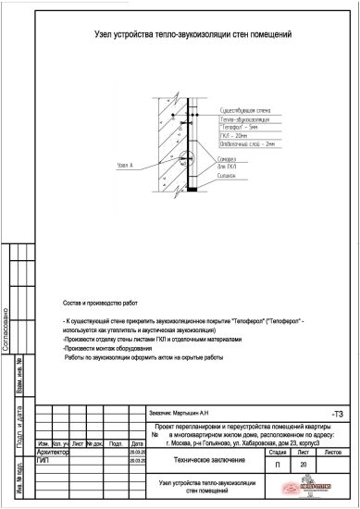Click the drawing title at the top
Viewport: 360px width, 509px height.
pyautogui.click(x=193, y=34)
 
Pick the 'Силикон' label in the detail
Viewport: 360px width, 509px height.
pyautogui.click(x=230, y=175)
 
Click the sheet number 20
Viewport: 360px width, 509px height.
pyautogui.click(x=304, y=464)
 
